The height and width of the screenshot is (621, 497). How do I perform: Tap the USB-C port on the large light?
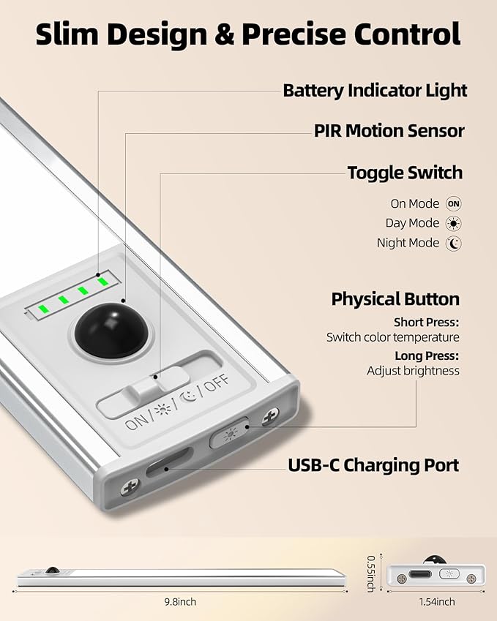click(x=169, y=462)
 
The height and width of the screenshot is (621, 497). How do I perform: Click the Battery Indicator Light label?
click(x=375, y=91)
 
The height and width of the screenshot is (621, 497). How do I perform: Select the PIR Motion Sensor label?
click(x=389, y=131)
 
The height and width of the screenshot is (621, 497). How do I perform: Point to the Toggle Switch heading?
click(x=405, y=173)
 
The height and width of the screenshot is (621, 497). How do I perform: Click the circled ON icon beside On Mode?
click(x=453, y=204)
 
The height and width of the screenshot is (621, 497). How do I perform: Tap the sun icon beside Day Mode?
click(x=453, y=224)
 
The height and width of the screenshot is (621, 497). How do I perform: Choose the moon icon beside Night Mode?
click(x=453, y=243)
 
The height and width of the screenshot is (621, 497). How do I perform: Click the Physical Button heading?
click(x=395, y=299)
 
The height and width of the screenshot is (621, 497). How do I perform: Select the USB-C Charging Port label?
click(x=373, y=465)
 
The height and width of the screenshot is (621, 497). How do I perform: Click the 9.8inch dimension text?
click(x=180, y=602)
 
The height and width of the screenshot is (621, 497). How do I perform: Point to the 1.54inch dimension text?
click(x=437, y=602)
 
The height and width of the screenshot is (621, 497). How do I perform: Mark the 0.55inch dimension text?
click(x=371, y=573)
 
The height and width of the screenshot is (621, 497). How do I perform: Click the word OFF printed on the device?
click(x=217, y=383)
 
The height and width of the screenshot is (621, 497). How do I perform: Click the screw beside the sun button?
click(x=270, y=417)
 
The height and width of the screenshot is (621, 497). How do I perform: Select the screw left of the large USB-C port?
click(x=130, y=486)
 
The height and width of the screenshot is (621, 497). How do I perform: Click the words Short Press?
click(x=427, y=323)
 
